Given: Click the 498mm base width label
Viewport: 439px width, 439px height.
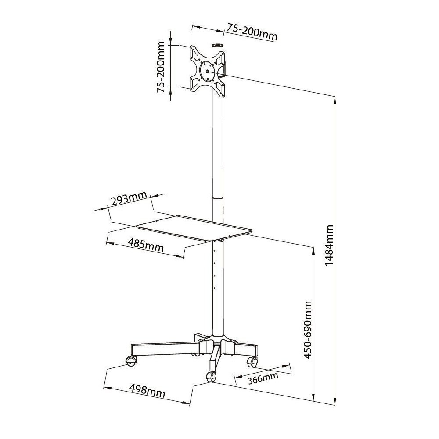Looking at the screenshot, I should [147, 391].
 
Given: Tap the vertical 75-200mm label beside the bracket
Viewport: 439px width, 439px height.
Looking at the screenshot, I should [161, 67].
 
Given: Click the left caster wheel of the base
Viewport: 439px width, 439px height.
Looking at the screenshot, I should [131, 361].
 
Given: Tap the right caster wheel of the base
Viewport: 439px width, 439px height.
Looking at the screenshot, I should [252, 362].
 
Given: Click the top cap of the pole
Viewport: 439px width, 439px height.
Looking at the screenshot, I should [217, 46].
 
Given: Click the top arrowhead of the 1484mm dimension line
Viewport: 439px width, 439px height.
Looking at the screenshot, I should [335, 99].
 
